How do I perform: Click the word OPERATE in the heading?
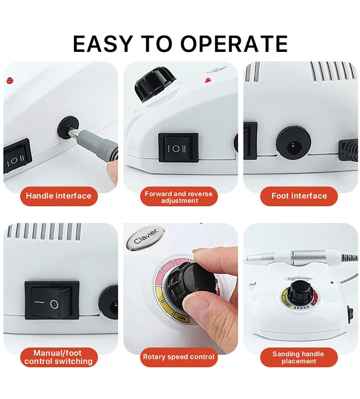[x=234, y=44]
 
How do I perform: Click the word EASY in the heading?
[x=103, y=44]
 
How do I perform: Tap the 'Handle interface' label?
[x=59, y=196]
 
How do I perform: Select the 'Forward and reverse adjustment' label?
[x=179, y=197]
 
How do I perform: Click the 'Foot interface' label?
[x=299, y=196]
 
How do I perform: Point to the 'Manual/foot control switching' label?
[x=59, y=357]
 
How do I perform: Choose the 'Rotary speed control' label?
[x=179, y=357]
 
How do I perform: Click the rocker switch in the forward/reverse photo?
[x=178, y=147]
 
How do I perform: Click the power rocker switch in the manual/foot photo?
[x=52, y=300]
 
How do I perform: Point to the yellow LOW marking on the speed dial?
[x=181, y=317]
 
